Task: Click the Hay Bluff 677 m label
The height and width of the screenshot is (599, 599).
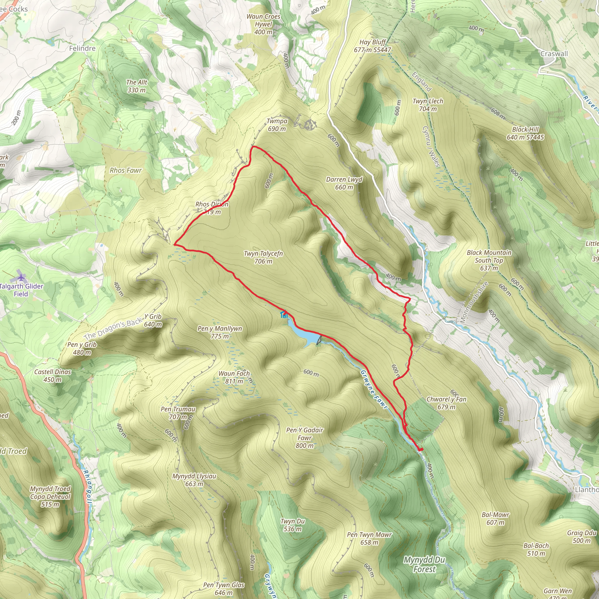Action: pyautogui.click(x=372, y=46)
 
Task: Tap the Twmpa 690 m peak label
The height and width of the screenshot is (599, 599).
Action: pyautogui.click(x=277, y=125)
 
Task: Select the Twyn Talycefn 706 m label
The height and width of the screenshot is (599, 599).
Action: pyautogui.click(x=263, y=257)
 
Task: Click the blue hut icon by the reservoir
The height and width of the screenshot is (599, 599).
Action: pyautogui.click(x=284, y=314)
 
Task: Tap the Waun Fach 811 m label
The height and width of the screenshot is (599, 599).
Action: pyautogui.click(x=234, y=377)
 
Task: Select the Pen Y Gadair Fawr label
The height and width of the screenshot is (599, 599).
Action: pyautogui.click(x=304, y=438)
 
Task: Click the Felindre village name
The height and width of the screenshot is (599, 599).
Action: pyautogui.click(x=82, y=48)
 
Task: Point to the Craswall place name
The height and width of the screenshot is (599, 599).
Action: pyautogui.click(x=554, y=54)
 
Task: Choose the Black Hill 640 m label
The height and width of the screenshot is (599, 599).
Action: pyautogui.click(x=525, y=133)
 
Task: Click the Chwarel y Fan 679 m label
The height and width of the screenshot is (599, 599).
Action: pyautogui.click(x=446, y=403)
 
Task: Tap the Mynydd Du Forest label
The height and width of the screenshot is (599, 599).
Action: pyautogui.click(x=424, y=564)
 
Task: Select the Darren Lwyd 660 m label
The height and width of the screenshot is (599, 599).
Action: pyautogui.click(x=344, y=183)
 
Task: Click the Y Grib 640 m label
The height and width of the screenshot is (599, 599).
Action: pyautogui.click(x=153, y=320)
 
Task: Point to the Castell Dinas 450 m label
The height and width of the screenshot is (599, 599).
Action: pyautogui.click(x=52, y=376)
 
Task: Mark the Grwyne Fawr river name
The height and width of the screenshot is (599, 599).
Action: pyautogui.click(x=374, y=389)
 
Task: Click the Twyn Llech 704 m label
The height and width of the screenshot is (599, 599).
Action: pyautogui.click(x=428, y=105)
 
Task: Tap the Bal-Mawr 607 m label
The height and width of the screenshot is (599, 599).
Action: pyautogui.click(x=495, y=518)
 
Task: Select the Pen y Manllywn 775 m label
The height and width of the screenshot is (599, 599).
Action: pyautogui.click(x=220, y=332)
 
